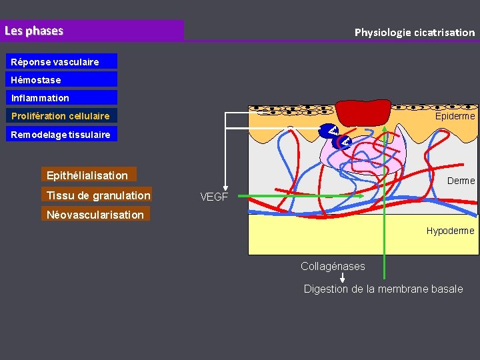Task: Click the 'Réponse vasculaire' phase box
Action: [63, 62]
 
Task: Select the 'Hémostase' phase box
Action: [63, 80]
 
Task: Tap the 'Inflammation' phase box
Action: [63, 98]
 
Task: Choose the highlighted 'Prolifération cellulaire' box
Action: [63, 116]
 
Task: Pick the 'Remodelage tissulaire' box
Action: [63, 134]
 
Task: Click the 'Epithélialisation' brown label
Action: [88, 175]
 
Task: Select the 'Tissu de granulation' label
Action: [97, 195]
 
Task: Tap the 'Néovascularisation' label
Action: [95, 215]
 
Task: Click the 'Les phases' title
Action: [34, 31]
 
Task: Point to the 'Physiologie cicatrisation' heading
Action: [414, 32]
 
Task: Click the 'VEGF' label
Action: [214, 197]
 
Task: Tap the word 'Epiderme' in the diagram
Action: [455, 116]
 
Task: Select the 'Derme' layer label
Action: [461, 181]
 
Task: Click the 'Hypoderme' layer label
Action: [450, 231]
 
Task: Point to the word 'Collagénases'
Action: [333, 266]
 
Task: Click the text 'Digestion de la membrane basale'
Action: [383, 289]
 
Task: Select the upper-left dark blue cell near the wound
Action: [328, 131]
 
